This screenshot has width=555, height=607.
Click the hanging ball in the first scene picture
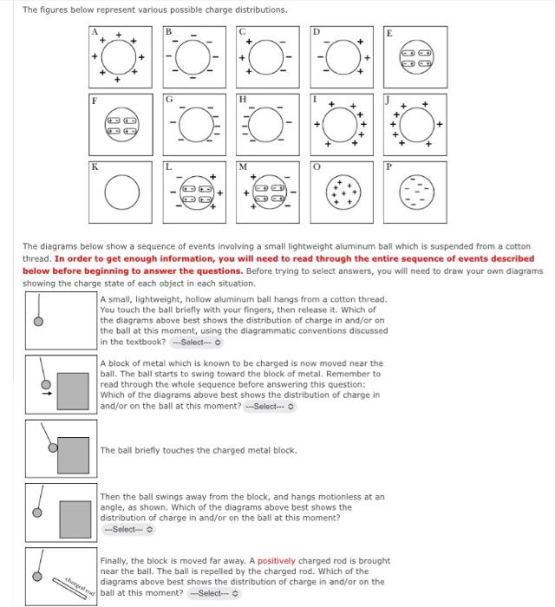coord(37,321)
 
